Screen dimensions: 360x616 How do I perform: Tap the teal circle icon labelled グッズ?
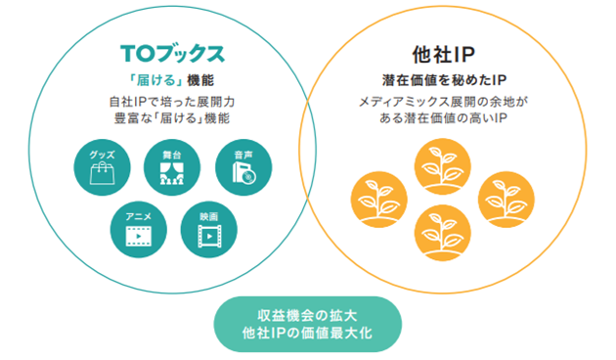point(103,170)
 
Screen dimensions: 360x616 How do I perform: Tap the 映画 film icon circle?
point(207,227)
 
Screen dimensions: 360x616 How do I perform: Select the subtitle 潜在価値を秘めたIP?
point(444,80)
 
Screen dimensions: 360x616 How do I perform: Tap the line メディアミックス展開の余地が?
point(444,102)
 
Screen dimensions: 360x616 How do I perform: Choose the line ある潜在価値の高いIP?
point(444,119)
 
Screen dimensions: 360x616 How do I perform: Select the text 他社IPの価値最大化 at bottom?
point(307,334)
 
